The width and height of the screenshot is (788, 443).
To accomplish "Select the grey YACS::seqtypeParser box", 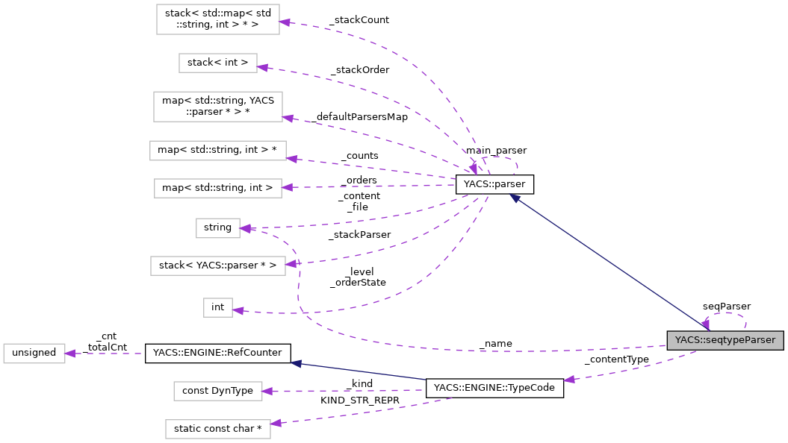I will (x=725, y=341).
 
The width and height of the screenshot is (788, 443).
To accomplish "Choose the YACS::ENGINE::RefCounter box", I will (x=217, y=353).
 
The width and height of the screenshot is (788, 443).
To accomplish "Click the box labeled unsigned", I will (x=34, y=353).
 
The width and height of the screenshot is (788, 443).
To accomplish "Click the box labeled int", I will (x=217, y=307).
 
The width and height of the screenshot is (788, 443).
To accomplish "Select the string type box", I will (x=217, y=227).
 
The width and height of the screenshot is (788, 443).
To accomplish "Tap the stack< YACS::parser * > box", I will (x=217, y=265).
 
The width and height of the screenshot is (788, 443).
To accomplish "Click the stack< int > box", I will (x=217, y=63).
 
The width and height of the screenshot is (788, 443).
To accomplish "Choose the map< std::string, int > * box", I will (x=217, y=150).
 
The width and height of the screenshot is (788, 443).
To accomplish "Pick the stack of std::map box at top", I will (x=217, y=19).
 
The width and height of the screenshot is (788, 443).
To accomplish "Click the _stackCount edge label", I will (x=359, y=20).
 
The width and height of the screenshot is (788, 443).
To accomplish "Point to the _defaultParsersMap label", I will (x=360, y=117).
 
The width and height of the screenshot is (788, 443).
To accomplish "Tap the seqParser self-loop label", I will (x=726, y=306).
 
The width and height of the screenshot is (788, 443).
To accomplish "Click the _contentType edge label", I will (x=616, y=359).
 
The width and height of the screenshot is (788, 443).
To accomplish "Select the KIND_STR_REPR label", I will (x=360, y=400).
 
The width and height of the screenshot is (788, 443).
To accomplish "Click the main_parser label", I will (x=497, y=151).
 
